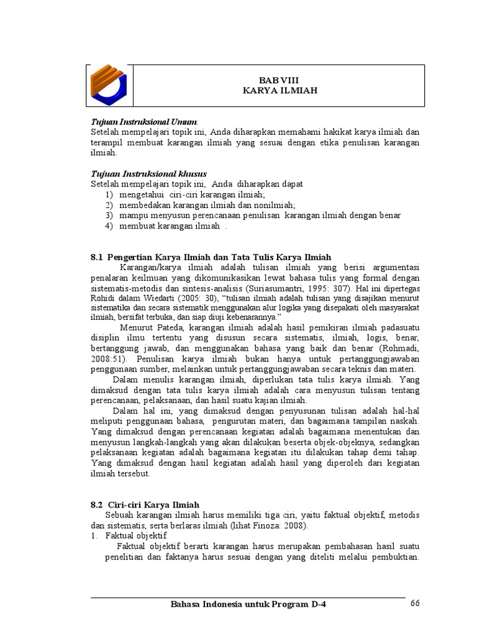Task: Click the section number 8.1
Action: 97,257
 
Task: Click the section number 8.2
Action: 97,505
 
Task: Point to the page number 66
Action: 416,605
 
